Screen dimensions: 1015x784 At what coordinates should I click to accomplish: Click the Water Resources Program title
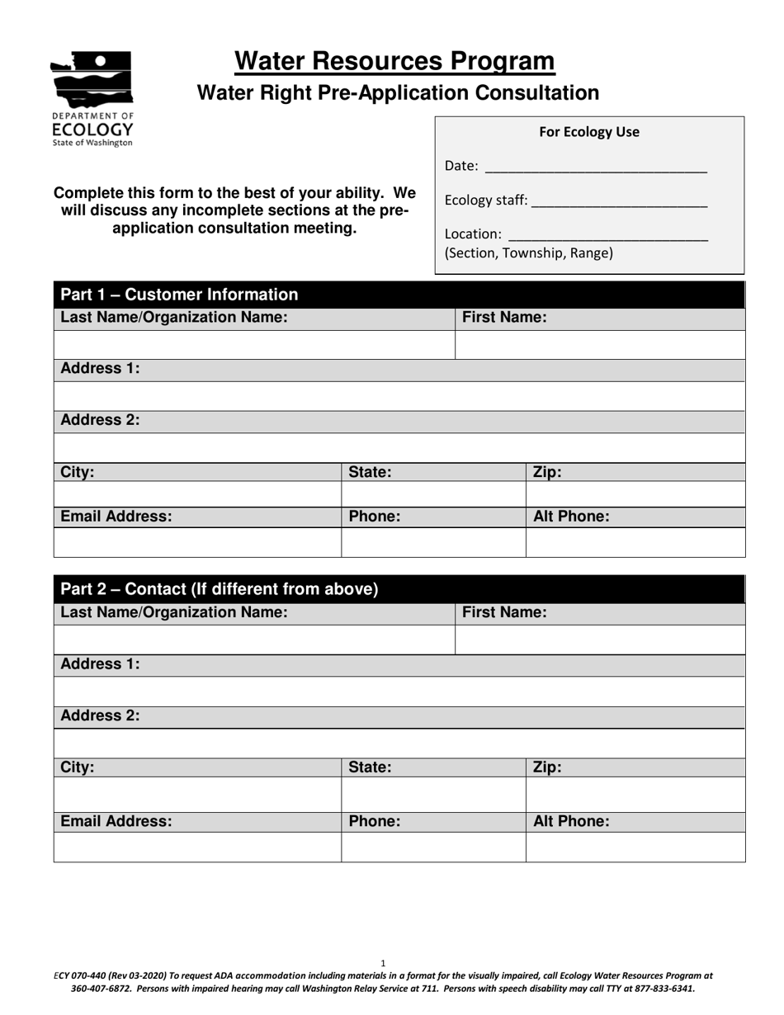(x=394, y=62)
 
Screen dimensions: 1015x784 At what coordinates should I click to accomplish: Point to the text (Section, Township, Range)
(x=528, y=253)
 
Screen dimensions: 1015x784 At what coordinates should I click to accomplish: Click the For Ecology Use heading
(x=588, y=132)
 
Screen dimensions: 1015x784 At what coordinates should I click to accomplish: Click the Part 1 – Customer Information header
(x=179, y=295)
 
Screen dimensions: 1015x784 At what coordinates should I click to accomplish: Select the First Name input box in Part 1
(x=599, y=345)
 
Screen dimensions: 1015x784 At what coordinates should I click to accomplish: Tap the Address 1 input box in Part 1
(x=399, y=396)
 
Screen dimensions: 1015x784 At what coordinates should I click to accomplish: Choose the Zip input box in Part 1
(x=635, y=493)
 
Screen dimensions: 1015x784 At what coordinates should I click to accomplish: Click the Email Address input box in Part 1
(x=197, y=542)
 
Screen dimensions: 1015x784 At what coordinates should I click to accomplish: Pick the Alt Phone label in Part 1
(x=571, y=517)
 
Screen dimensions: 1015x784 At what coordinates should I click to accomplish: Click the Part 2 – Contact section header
(x=220, y=589)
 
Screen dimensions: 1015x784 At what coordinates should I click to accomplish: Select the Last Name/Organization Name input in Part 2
(x=254, y=640)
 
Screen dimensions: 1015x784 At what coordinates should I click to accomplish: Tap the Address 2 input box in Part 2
(x=399, y=743)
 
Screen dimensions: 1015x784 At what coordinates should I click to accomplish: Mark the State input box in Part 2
(x=432, y=794)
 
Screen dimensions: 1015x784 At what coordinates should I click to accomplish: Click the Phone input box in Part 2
(x=432, y=847)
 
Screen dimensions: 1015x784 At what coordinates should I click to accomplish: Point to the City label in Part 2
(x=78, y=767)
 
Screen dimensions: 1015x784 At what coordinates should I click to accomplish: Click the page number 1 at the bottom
(x=383, y=963)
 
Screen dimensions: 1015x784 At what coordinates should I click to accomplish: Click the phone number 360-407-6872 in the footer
(x=96, y=988)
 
